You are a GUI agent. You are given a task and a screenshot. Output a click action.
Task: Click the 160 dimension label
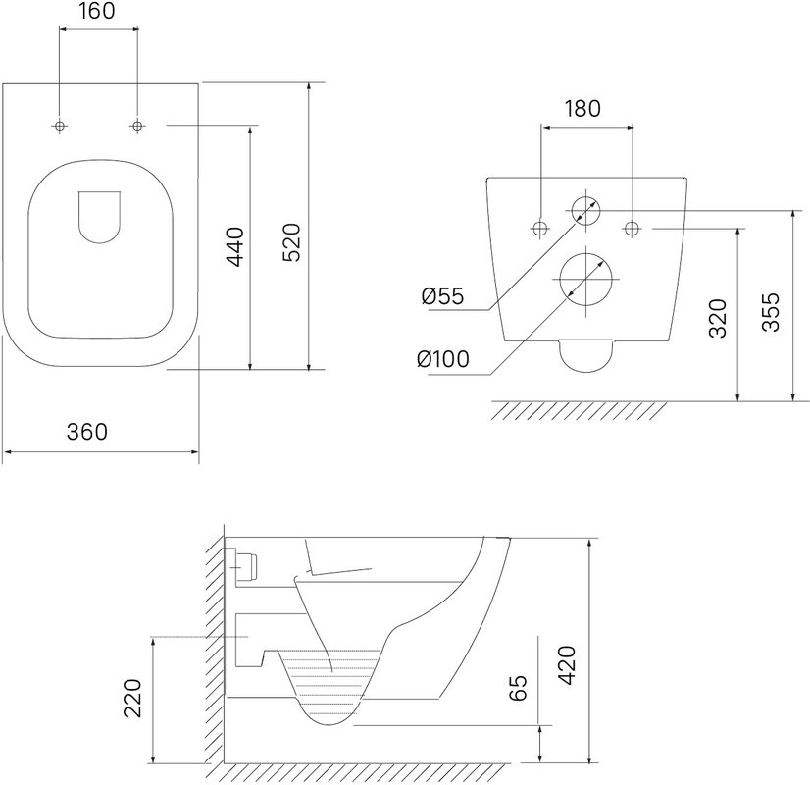[x=97, y=11]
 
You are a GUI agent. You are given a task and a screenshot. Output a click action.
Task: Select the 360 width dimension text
[x=86, y=432]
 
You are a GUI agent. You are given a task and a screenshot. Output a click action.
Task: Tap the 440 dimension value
[x=235, y=246]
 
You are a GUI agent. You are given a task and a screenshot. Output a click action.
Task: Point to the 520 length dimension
[x=292, y=242]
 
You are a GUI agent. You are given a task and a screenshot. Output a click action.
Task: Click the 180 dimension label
[x=582, y=109]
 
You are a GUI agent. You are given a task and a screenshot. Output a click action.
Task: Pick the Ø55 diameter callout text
[x=442, y=296]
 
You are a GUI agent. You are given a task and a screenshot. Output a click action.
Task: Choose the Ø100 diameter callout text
[x=443, y=359]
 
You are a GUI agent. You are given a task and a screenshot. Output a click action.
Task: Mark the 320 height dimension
[x=718, y=318]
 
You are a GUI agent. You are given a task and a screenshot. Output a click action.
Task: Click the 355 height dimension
[x=771, y=312]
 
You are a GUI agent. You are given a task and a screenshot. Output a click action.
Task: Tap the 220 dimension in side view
[x=132, y=699]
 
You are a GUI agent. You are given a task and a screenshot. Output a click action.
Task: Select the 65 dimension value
[x=519, y=687]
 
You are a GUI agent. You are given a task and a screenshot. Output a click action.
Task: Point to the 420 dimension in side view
[x=568, y=665]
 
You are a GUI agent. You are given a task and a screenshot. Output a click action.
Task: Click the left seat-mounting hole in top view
[x=60, y=126]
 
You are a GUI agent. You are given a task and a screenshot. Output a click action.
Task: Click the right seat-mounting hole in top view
[x=137, y=126]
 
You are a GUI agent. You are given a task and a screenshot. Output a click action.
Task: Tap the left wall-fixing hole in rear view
[x=540, y=228]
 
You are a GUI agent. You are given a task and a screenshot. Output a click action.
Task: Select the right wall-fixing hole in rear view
[x=633, y=228]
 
